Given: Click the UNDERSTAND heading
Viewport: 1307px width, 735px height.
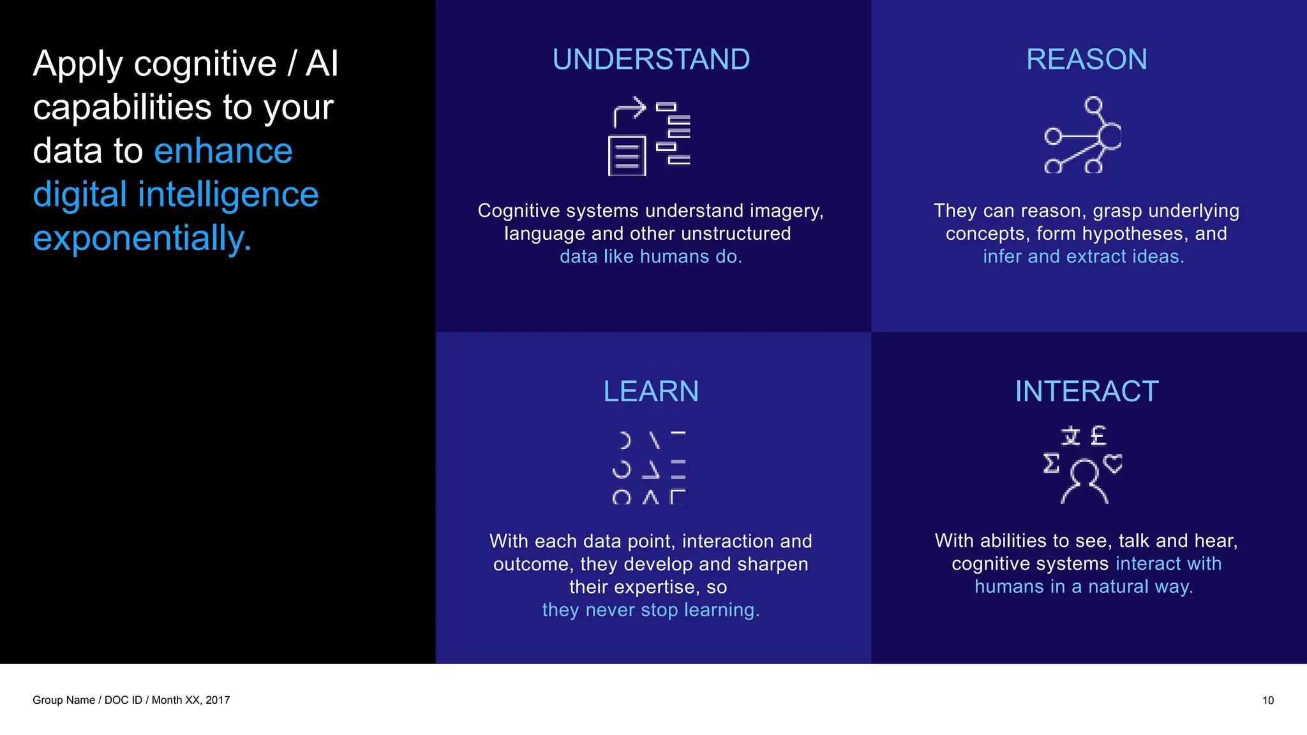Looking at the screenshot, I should (651, 59).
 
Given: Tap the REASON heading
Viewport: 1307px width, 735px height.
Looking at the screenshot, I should (1086, 59).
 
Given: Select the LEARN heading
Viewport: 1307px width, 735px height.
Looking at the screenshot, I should (651, 391).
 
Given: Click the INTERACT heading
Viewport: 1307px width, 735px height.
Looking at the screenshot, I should (1086, 391).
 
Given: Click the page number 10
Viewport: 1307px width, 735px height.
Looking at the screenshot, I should (1267, 701).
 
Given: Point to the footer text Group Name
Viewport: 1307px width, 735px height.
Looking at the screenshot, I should (63, 701).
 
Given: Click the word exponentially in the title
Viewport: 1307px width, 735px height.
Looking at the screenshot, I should (142, 238).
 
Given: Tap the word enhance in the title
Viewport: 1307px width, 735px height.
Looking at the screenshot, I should (223, 151).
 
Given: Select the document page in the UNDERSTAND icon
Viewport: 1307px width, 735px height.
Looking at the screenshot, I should (627, 156).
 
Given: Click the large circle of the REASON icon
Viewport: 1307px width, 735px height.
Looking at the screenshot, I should (1110, 136).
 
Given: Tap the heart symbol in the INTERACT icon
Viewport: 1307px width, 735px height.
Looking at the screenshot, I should (1113, 463).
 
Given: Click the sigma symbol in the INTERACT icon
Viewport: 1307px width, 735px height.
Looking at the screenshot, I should (1051, 463).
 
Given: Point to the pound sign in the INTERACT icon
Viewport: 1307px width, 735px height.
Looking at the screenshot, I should (1098, 436).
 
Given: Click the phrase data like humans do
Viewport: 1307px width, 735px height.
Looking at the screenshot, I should (651, 256).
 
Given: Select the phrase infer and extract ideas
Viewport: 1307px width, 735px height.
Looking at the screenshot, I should (1083, 256).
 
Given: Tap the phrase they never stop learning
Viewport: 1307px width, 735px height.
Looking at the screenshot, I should (651, 610).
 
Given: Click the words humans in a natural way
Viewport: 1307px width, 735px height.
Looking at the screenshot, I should (1083, 587).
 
